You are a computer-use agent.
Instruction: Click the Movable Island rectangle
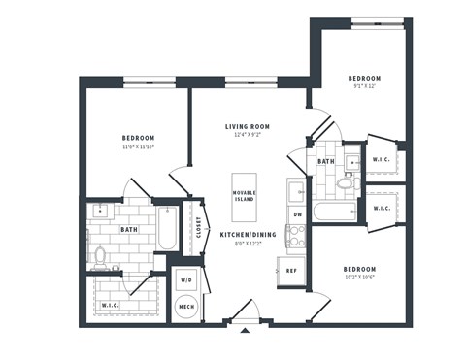tap(245, 194)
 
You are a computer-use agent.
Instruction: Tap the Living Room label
tap(248, 126)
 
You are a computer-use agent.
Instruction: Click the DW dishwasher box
tap(297, 214)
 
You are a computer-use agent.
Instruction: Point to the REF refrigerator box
tap(291, 270)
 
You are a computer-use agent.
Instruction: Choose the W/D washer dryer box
tap(185, 281)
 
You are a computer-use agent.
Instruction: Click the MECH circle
tap(185, 308)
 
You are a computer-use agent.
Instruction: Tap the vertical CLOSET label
tap(199, 226)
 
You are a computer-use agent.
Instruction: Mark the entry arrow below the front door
tap(245, 331)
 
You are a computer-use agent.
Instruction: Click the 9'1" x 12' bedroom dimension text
tap(364, 86)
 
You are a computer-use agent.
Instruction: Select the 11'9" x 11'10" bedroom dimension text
tap(138, 147)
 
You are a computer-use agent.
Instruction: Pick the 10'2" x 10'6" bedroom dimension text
tap(359, 278)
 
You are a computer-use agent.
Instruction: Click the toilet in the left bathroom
tap(99, 256)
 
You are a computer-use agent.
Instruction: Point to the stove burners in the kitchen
tap(296, 236)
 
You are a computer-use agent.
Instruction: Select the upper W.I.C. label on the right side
tap(381, 159)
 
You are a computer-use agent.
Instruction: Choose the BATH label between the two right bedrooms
tap(326, 162)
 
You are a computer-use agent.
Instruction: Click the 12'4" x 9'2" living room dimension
tap(248, 136)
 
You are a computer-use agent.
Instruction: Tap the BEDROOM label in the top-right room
tap(364, 78)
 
